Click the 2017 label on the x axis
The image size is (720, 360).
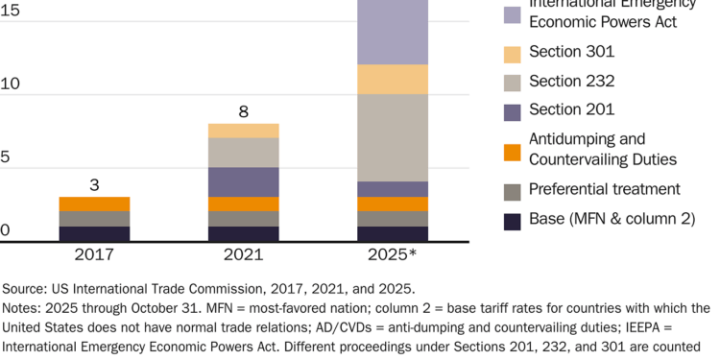click(94, 254)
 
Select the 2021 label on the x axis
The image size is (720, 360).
click(244, 254)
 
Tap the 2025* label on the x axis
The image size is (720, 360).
click(394, 254)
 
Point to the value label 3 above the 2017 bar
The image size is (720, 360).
click(94, 183)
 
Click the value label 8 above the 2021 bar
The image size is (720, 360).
click(244, 111)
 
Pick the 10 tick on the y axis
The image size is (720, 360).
click(10, 84)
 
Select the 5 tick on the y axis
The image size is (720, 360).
click(6, 157)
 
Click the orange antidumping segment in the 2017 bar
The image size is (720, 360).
click(94, 204)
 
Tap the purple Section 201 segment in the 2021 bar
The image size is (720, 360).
click(244, 181)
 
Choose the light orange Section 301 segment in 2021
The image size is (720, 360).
click(244, 131)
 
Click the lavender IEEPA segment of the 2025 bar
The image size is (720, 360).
click(394, 32)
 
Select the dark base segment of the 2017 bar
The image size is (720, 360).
click(94, 233)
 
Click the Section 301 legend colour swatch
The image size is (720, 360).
click(513, 54)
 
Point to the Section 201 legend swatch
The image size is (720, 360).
click(513, 111)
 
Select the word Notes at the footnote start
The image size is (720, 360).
click(22, 308)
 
